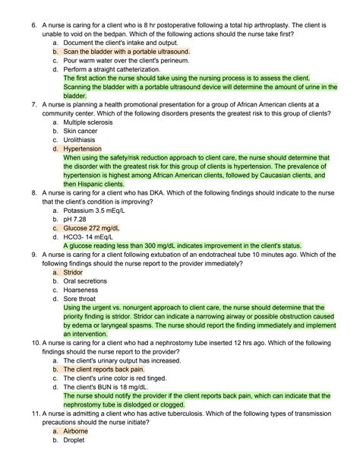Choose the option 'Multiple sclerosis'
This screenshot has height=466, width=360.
(91, 122)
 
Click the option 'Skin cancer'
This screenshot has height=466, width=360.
(83, 131)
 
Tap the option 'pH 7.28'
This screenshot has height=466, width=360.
(79, 219)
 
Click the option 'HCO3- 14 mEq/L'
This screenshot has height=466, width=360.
(96, 236)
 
